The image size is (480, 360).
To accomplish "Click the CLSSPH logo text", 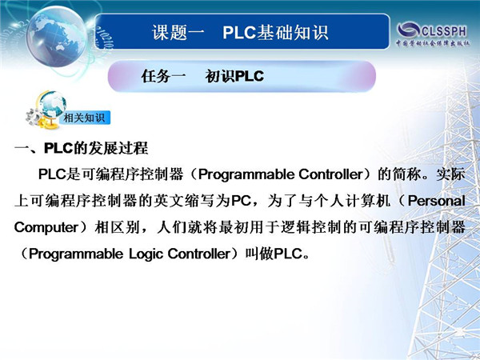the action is click(444, 31).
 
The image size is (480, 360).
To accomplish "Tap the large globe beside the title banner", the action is click(57, 36).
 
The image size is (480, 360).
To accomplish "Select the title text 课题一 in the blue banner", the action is click(178, 32).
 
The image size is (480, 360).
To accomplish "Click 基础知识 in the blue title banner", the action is click(292, 32).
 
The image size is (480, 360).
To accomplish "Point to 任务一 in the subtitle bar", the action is click(163, 76).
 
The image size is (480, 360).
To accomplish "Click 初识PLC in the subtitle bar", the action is click(234, 76).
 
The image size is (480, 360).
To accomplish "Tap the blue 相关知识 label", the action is click(85, 118).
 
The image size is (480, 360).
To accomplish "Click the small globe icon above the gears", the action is click(52, 104).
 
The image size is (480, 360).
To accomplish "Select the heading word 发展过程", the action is click(118, 148).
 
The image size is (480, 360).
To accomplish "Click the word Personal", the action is click(437, 201).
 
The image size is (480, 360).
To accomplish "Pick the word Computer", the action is click(46, 227).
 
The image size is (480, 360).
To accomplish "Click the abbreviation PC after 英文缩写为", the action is click(241, 201).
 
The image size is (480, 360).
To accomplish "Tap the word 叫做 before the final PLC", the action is click(259, 254).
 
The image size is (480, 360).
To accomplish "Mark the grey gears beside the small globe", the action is click(34, 117).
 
